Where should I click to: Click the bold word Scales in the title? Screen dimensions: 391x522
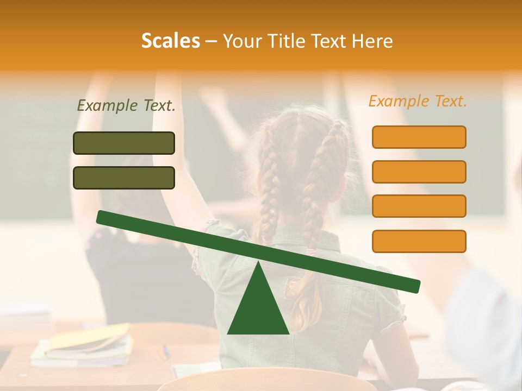170,41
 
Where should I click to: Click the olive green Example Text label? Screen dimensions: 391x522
126,106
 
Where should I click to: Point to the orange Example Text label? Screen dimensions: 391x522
418,101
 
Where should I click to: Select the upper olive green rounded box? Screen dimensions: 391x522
124,143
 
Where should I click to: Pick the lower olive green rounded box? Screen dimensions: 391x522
124,178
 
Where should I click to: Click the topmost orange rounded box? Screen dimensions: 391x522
419,137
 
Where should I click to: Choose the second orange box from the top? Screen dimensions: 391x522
419,172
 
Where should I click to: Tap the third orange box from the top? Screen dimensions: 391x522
419,206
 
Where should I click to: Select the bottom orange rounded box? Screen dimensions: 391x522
419,241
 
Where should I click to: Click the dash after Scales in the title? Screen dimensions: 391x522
211,41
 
